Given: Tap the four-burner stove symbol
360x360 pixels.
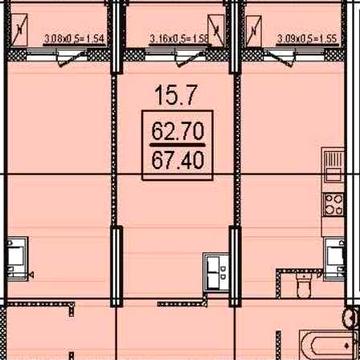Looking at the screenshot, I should click(x=334, y=200).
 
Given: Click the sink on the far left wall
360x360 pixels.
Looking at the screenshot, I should click(x=15, y=255).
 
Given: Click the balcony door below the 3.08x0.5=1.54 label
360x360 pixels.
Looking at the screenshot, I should click(x=67, y=58).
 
